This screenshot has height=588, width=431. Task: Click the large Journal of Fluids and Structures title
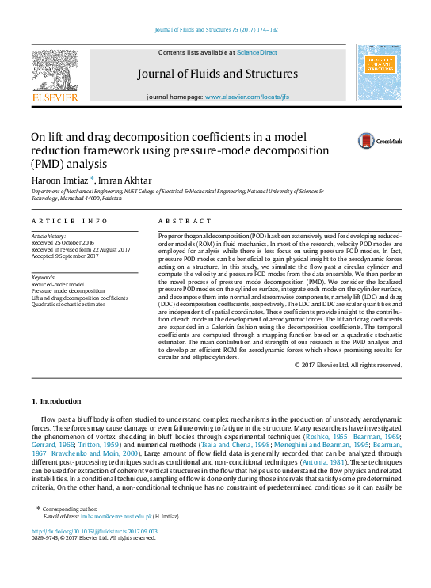click(x=217, y=74)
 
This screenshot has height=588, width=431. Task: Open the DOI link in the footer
click(x=94, y=531)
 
